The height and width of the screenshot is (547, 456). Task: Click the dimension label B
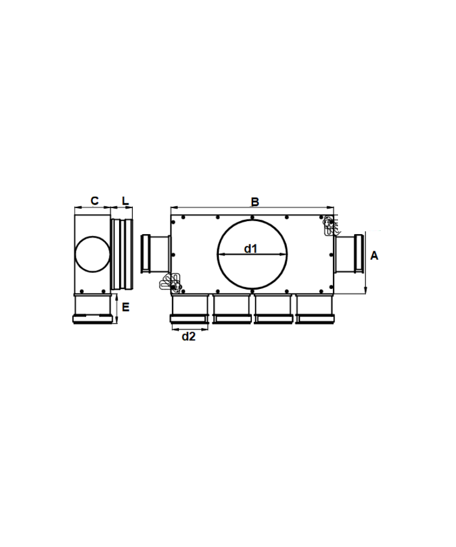pyautogui.click(x=255, y=202)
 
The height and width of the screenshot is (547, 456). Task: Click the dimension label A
pyautogui.click(x=374, y=256)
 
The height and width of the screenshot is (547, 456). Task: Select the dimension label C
pyautogui.click(x=95, y=201)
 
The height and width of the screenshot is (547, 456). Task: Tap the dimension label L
pyautogui.click(x=125, y=201)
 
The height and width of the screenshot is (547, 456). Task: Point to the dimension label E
pyautogui.click(x=125, y=307)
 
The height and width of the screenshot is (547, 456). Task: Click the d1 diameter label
pyautogui.click(x=251, y=248)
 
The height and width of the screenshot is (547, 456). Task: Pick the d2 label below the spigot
pyautogui.click(x=189, y=336)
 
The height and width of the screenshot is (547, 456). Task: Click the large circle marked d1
pyautogui.click(x=217, y=255)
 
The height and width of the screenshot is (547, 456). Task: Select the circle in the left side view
pyautogui.click(x=75, y=254)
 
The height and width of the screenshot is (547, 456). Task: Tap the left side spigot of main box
pyautogui.click(x=155, y=254)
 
